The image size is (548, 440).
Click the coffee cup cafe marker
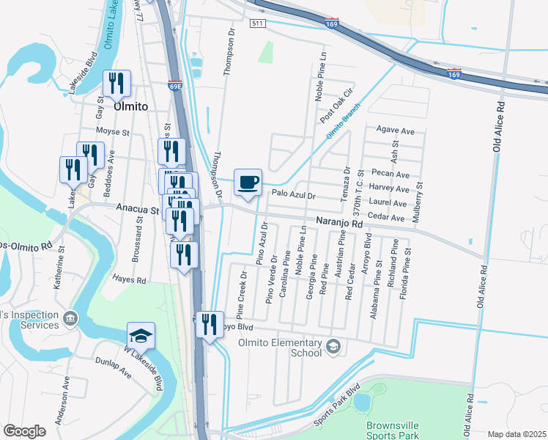click(248, 182)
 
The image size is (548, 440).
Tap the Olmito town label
click(130, 107)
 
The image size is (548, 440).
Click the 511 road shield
click(256, 23)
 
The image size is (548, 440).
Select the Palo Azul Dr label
click(292, 196)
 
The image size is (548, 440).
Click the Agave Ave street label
click(396, 131)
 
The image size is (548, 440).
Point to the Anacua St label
click(138, 209)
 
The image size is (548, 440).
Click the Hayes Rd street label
click(129, 279)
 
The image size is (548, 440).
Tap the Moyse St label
click(113, 133)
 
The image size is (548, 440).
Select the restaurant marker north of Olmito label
click(116, 84)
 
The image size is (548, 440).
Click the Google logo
click(24, 431)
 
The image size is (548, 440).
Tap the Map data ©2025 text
click(516, 434)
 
